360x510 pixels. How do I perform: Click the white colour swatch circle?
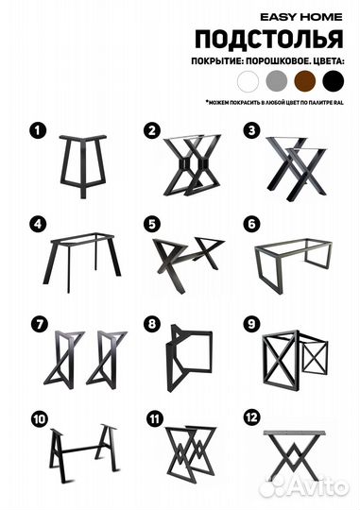tap(248, 81)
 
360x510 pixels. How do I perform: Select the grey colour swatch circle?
tap(277, 81)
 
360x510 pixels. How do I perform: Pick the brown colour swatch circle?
tap(305, 81)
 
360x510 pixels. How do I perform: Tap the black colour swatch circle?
tap(334, 81)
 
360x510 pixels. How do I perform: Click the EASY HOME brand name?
tap(301, 17)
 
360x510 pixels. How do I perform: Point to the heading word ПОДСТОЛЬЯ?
tap(269, 39)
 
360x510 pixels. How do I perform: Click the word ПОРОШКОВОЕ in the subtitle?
tap(275, 61)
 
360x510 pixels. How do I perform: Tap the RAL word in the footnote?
tap(338, 103)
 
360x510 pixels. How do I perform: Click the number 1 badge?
tap(38, 130)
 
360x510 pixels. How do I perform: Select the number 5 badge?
tap(152, 225)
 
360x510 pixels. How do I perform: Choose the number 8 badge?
tap(152, 324)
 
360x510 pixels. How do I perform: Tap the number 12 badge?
tap(251, 417)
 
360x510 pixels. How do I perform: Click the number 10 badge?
tap(39, 419)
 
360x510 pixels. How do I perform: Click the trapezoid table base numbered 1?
tap(82, 166)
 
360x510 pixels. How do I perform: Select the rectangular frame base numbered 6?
tap(293, 265)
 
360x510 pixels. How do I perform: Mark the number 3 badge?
tap(251, 130)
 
